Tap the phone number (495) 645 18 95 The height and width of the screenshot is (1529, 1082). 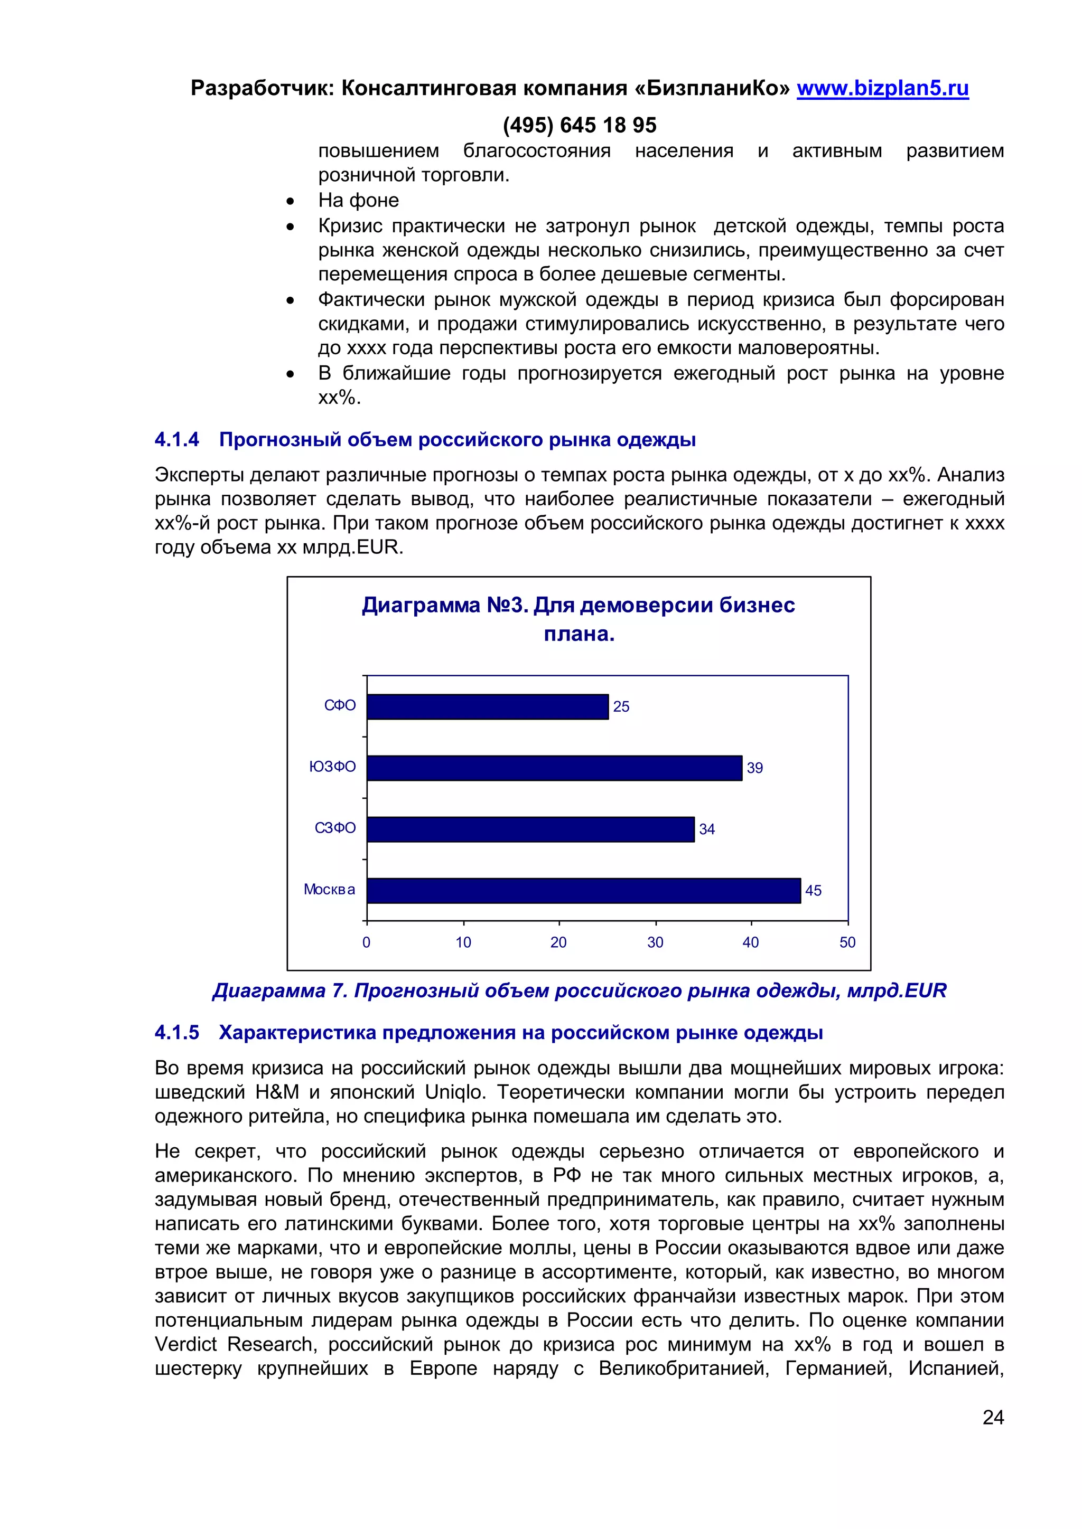(579, 125)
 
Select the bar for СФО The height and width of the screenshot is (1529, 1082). (487, 706)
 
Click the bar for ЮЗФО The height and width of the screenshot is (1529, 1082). (554, 768)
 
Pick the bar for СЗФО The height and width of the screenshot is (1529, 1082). (530, 829)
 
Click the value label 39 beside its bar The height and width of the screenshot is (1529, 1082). (754, 768)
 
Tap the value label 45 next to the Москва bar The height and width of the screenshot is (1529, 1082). (813, 890)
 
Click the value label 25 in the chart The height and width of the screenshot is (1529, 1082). (621, 706)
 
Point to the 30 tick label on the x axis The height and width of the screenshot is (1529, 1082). (655, 942)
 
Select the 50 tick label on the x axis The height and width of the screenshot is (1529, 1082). (847, 942)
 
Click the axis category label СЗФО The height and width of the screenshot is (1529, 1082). (335, 828)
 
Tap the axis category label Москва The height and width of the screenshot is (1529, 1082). (329, 889)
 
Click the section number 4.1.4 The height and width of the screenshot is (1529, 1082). (176, 439)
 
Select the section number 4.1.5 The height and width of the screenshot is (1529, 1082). (176, 1032)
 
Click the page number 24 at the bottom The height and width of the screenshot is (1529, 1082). (993, 1417)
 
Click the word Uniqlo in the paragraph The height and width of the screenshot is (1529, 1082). (454, 1092)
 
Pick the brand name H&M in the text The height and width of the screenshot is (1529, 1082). (277, 1092)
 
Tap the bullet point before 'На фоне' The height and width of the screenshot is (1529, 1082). (290, 201)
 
